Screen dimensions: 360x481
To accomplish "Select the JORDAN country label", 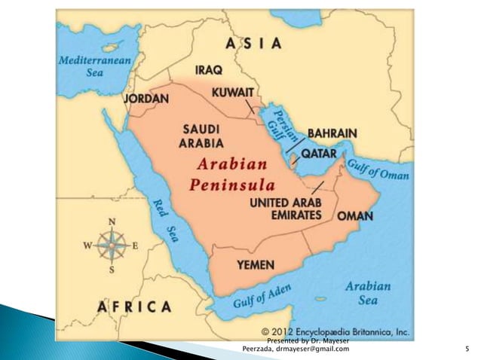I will pos(146,99).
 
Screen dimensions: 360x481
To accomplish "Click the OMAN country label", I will pos(354,215).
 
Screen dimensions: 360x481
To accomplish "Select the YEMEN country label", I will pos(256,264).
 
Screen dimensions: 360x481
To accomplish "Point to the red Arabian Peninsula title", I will pos(231,174).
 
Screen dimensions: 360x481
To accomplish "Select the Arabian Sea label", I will pos(368,293).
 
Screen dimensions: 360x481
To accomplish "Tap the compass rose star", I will pos(112,246).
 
